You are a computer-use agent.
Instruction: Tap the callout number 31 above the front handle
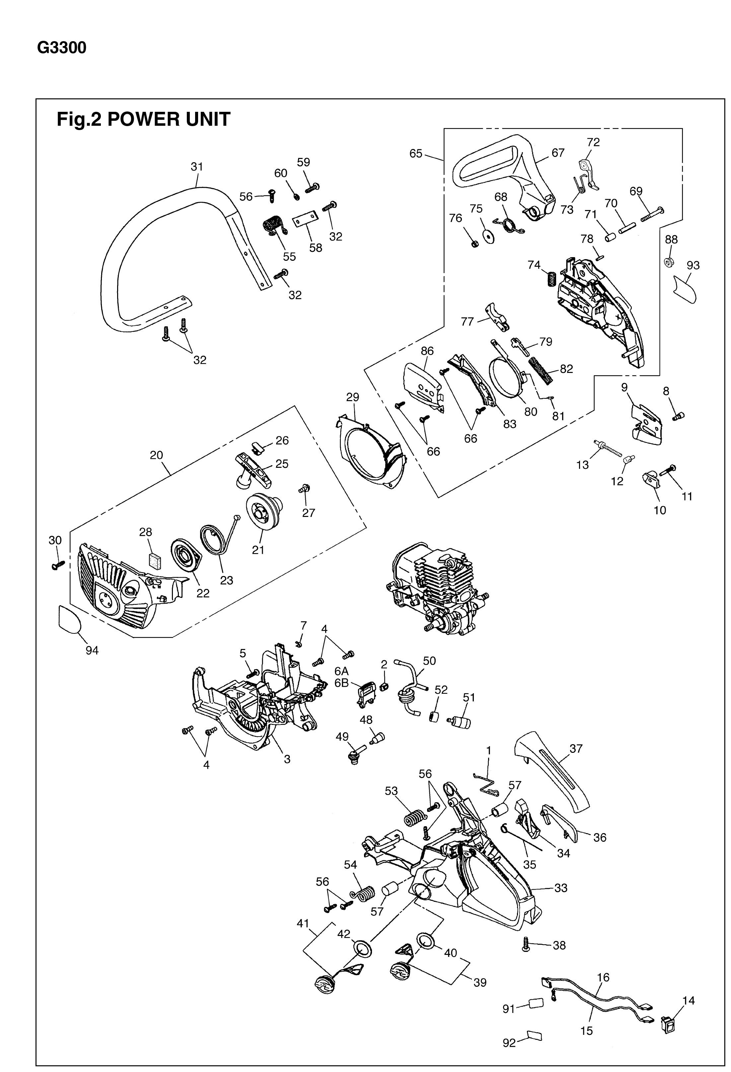tap(197, 167)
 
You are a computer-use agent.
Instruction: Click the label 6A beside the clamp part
tap(341, 671)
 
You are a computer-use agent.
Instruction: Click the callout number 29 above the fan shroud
tap(352, 397)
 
